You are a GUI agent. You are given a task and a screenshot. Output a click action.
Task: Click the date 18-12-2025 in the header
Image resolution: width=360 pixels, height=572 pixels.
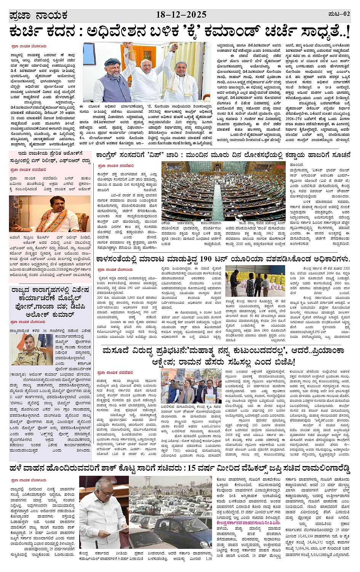181,15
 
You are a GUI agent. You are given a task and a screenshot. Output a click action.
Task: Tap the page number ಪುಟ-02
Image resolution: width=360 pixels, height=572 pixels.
339,14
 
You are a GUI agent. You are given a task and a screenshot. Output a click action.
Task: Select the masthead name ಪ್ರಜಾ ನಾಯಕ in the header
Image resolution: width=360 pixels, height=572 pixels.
38,16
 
